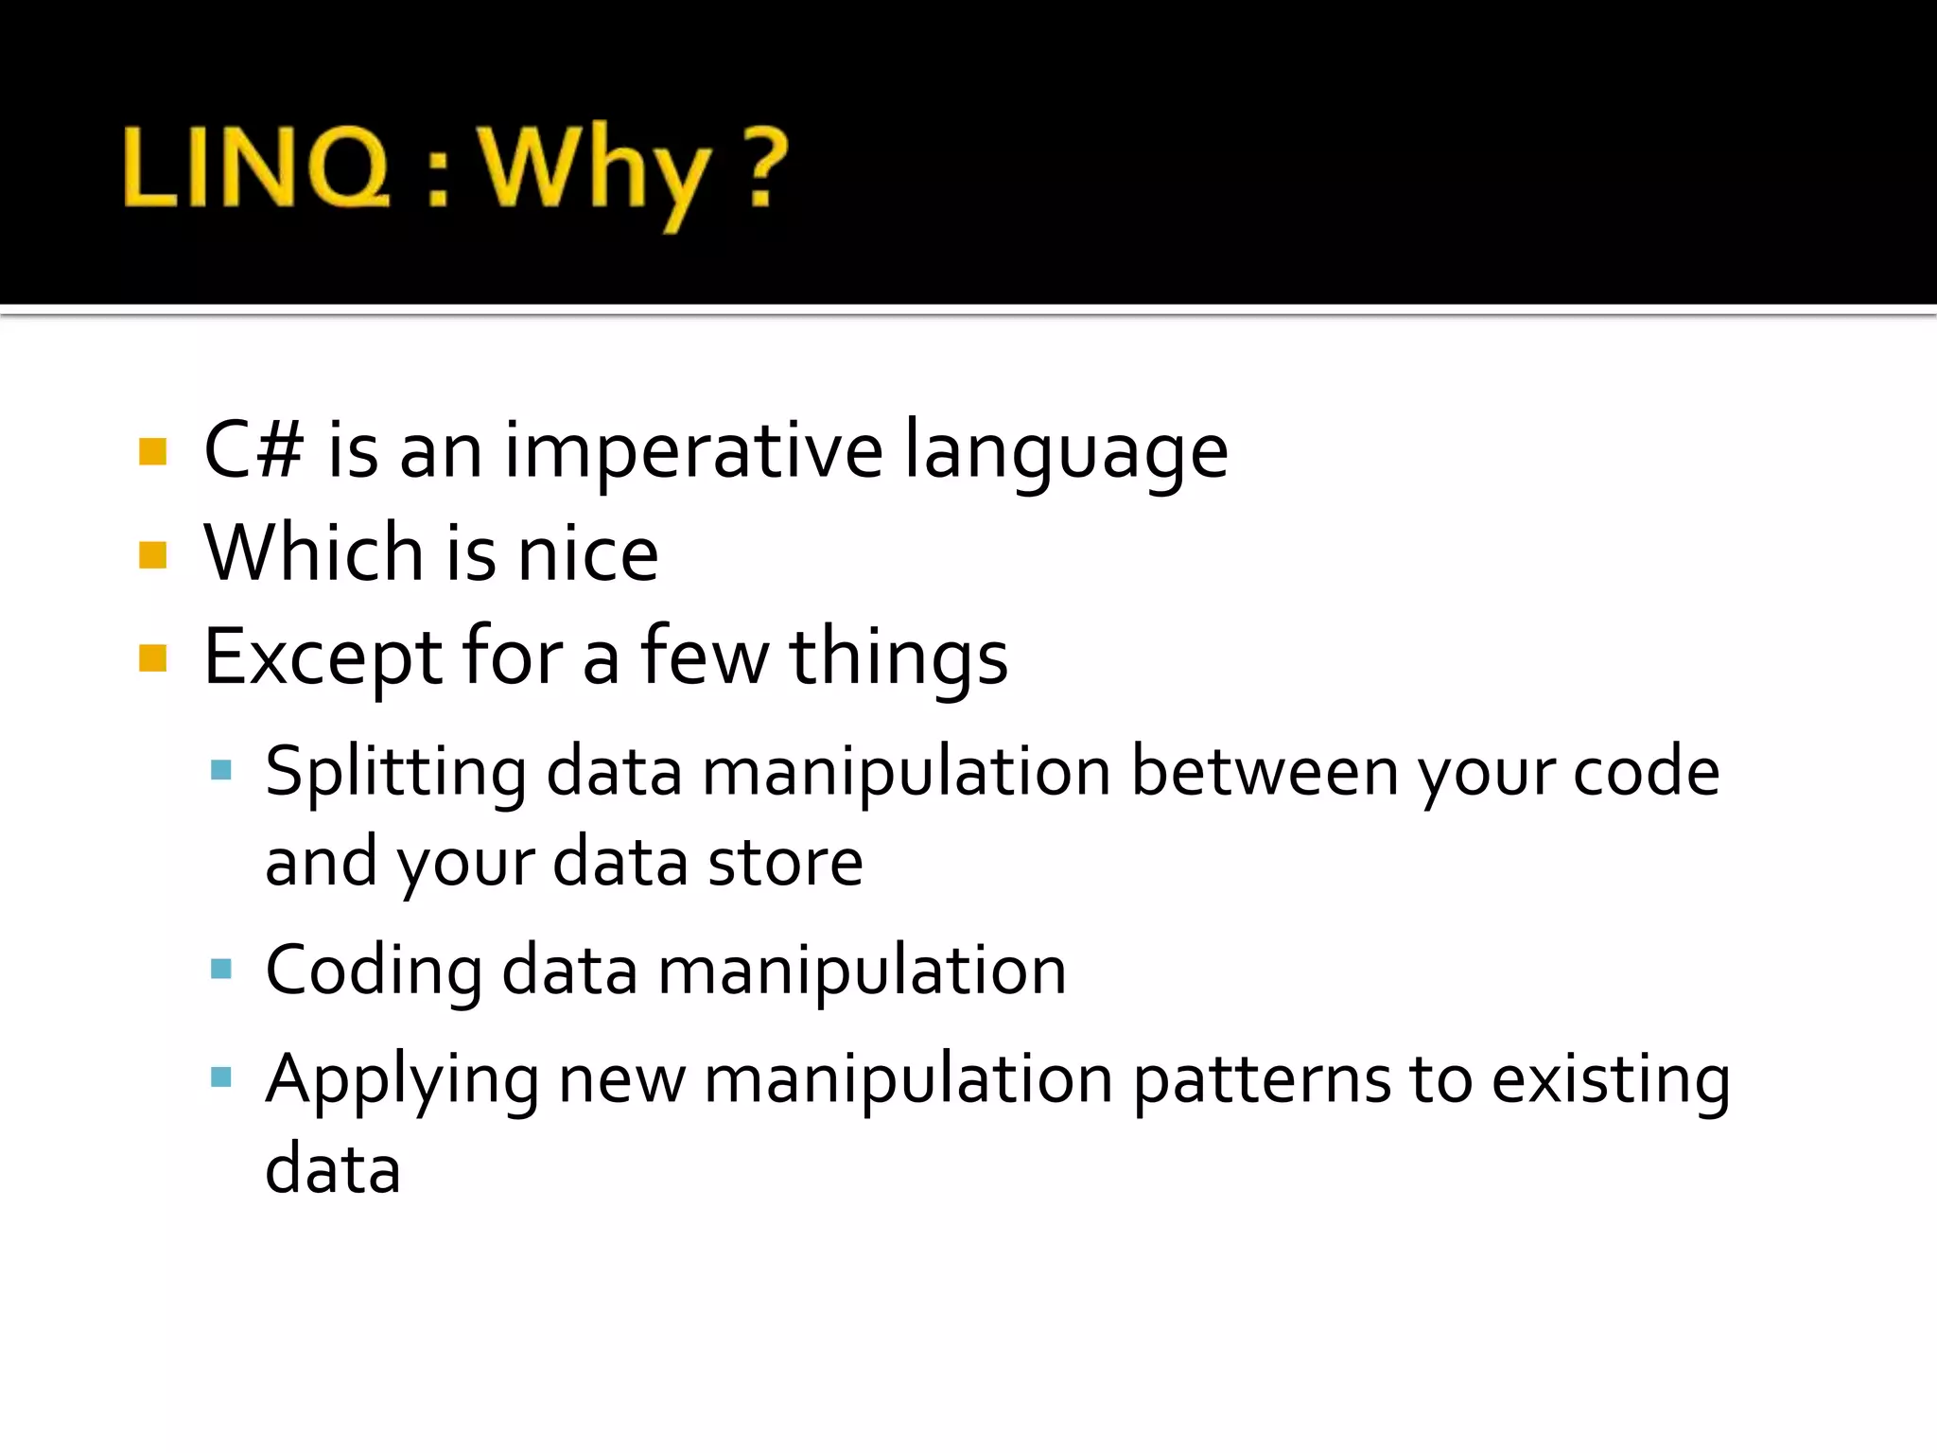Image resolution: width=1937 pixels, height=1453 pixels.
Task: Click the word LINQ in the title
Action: (255, 168)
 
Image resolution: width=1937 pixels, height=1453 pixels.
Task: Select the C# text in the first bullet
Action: (253, 450)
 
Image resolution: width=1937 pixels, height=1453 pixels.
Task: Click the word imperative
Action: (693, 452)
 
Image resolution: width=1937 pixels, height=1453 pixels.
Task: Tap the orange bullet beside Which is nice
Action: (152, 554)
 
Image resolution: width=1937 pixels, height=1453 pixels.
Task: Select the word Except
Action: (323, 658)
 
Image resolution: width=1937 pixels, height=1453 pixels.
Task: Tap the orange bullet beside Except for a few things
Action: (152, 657)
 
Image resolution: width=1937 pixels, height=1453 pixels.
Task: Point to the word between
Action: (1265, 772)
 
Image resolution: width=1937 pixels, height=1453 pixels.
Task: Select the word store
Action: (785, 863)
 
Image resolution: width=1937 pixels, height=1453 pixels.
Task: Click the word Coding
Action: (374, 972)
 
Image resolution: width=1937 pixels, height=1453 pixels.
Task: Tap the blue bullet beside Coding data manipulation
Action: (221, 969)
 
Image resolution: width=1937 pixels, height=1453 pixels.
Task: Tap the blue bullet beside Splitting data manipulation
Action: (221, 769)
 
